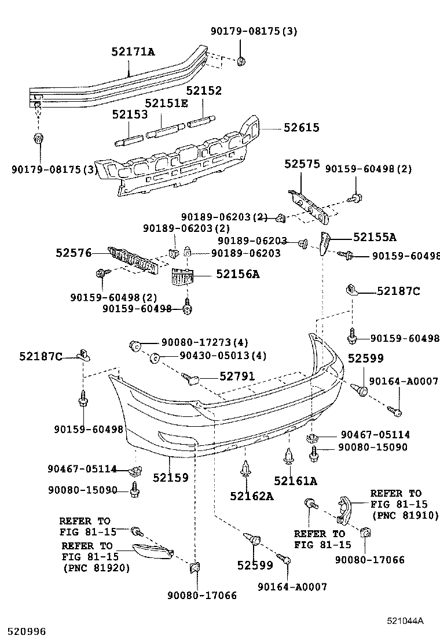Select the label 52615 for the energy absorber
point(301,128)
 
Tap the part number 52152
point(204,91)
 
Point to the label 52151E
point(166,104)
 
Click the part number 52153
point(130,115)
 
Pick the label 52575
point(302,164)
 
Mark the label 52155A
point(375,237)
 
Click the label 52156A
point(237,274)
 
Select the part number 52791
point(237,376)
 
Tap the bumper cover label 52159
point(171,478)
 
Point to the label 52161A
point(295,481)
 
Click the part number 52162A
point(251,496)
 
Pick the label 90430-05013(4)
point(215,356)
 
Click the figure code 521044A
point(405,621)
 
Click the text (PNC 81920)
point(96,568)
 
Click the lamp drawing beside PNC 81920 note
point(153,552)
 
